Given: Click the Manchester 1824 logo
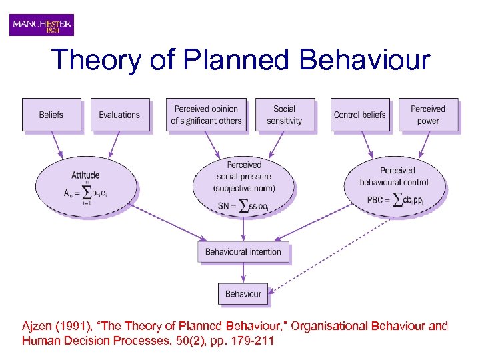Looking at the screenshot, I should (41, 25).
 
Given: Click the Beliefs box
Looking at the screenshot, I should (51, 115).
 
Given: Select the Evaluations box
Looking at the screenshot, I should (119, 115).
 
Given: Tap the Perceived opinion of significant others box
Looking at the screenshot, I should (206, 115).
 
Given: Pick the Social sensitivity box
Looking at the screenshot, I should (284, 115).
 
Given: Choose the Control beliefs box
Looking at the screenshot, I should (359, 115).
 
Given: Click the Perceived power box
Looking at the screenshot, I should (428, 115).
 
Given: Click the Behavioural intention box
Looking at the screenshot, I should (243, 252).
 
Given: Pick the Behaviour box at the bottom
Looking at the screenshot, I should (243, 293).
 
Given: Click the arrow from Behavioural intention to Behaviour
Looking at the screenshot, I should (243, 273).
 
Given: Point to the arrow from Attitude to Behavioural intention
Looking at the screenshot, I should (167, 222).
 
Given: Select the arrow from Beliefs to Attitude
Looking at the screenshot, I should (57, 145).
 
